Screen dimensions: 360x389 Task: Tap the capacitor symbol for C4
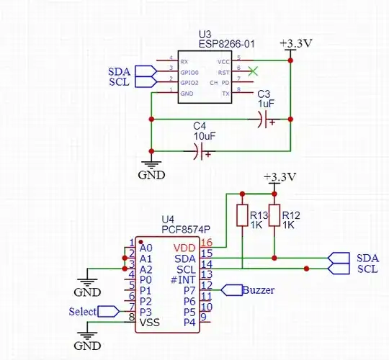[x=202, y=151]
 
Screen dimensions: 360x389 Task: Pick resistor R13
[x=242, y=215]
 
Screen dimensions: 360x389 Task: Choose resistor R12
[x=274, y=215]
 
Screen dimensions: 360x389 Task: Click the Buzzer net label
[x=257, y=290]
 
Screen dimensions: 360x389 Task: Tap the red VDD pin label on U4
[x=184, y=247]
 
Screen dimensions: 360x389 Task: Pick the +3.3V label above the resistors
[x=280, y=177]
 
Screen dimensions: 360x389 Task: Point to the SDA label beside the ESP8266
[x=120, y=71]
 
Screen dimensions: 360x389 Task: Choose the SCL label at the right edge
[x=367, y=269]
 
